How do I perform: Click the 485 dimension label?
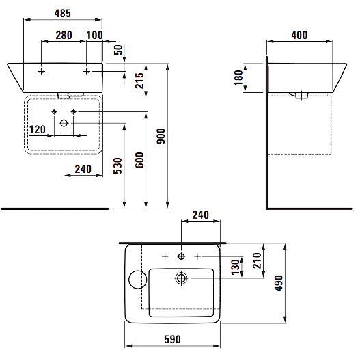[x=63, y=13]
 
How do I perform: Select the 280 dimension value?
[x=64, y=36]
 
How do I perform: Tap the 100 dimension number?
[x=94, y=36]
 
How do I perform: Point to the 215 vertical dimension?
[x=139, y=81]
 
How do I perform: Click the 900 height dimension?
[x=161, y=136]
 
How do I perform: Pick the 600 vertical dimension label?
[x=139, y=160]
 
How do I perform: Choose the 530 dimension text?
[x=117, y=165]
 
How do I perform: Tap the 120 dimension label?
[x=38, y=130]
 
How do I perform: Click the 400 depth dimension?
[x=299, y=36]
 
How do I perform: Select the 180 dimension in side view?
[x=239, y=78]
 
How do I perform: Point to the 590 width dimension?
[x=173, y=339]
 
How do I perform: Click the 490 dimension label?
[x=279, y=283]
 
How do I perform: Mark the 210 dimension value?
[x=257, y=260]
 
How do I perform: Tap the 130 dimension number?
[x=236, y=267]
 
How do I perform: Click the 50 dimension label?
[x=118, y=50]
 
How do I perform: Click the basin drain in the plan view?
[x=181, y=278]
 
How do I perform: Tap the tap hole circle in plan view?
[x=181, y=256]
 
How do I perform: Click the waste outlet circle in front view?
[x=64, y=123]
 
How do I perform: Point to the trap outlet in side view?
[x=301, y=95]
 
